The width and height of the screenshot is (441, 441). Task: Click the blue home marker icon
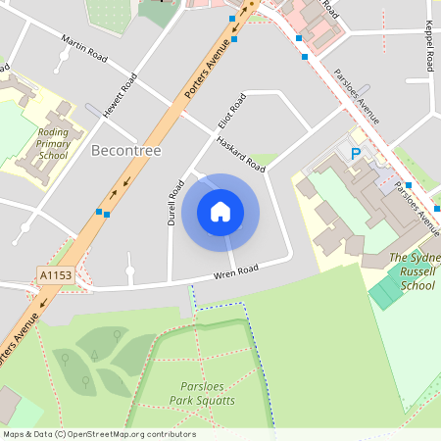pyautogui.click(x=220, y=212)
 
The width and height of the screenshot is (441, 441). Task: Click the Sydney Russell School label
pyautogui.click(x=412, y=271)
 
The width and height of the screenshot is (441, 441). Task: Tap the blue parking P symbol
pyautogui.click(x=356, y=154)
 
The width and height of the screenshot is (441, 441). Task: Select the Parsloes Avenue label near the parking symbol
pyautogui.click(x=355, y=96)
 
